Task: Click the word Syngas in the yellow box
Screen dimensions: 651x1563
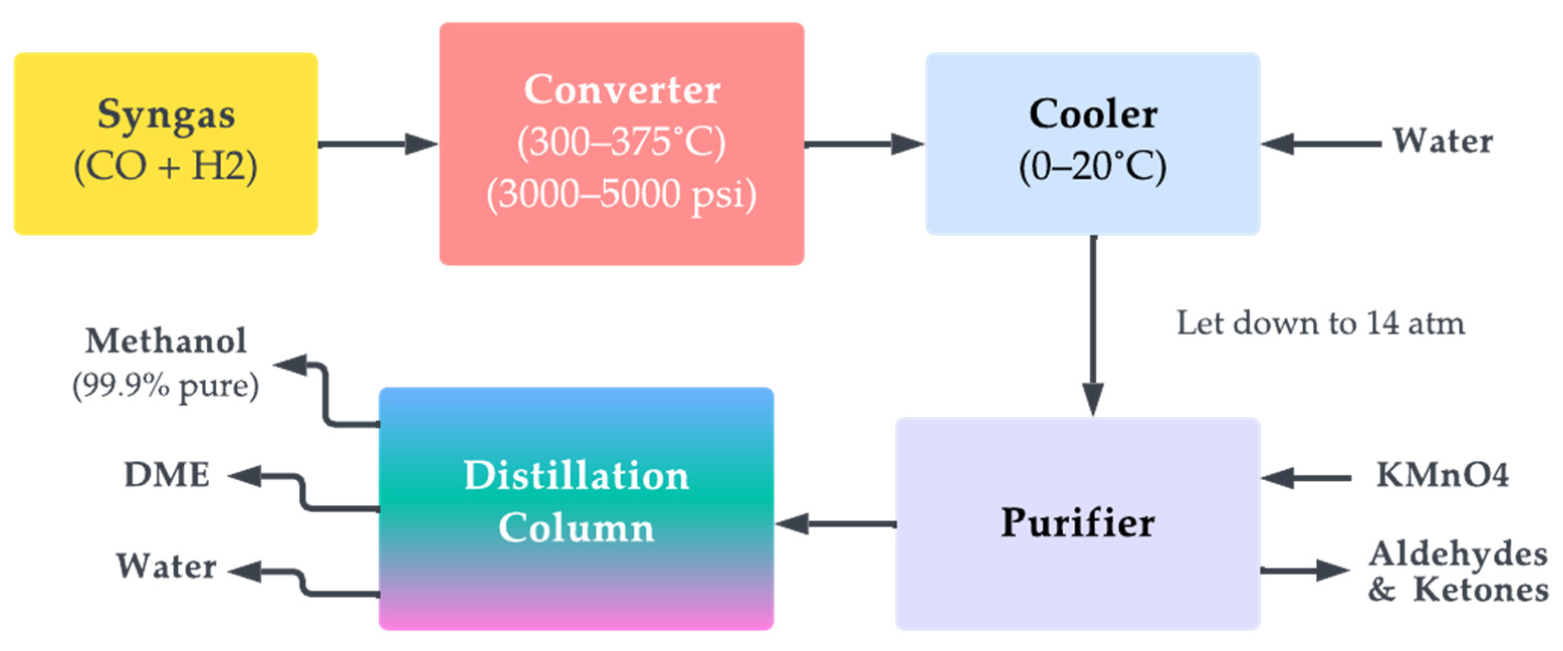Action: pyautogui.click(x=166, y=115)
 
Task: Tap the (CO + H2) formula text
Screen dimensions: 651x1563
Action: pyautogui.click(x=166, y=166)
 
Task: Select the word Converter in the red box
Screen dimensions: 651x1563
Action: pyautogui.click(x=622, y=90)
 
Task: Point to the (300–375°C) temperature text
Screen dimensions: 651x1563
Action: pyautogui.click(x=622, y=143)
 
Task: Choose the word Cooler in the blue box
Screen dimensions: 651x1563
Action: pyautogui.click(x=1093, y=114)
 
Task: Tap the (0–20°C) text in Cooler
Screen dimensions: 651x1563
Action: pyautogui.click(x=1093, y=166)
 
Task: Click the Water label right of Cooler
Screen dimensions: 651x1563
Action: pyautogui.click(x=1442, y=141)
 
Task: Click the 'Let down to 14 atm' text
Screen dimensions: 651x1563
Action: pyautogui.click(x=1320, y=323)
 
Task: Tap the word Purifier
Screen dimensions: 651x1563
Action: pyautogui.click(x=1078, y=523)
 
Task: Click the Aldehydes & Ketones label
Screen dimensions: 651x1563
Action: pyautogui.click(x=1458, y=572)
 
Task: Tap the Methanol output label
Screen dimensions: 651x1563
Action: pyautogui.click(x=166, y=341)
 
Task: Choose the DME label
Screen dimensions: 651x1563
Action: pyautogui.click(x=167, y=475)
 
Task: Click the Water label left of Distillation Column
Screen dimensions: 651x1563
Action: pyautogui.click(x=166, y=567)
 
